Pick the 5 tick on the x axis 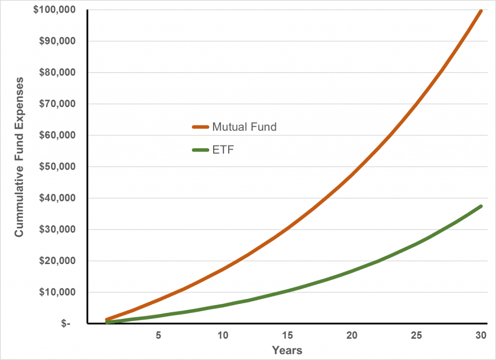[x=158, y=335]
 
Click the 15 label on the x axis [x=287, y=335]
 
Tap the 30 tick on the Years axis [x=481, y=335]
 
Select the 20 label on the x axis [x=352, y=335]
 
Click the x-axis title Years [x=287, y=350]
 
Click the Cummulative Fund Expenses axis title [x=19, y=167]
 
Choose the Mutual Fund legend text [x=244, y=127]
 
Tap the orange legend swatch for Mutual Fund [x=201, y=127]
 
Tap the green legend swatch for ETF [x=201, y=150]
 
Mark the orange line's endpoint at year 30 [x=481, y=11]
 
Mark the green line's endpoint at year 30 [x=481, y=206]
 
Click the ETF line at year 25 [x=417, y=243]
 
